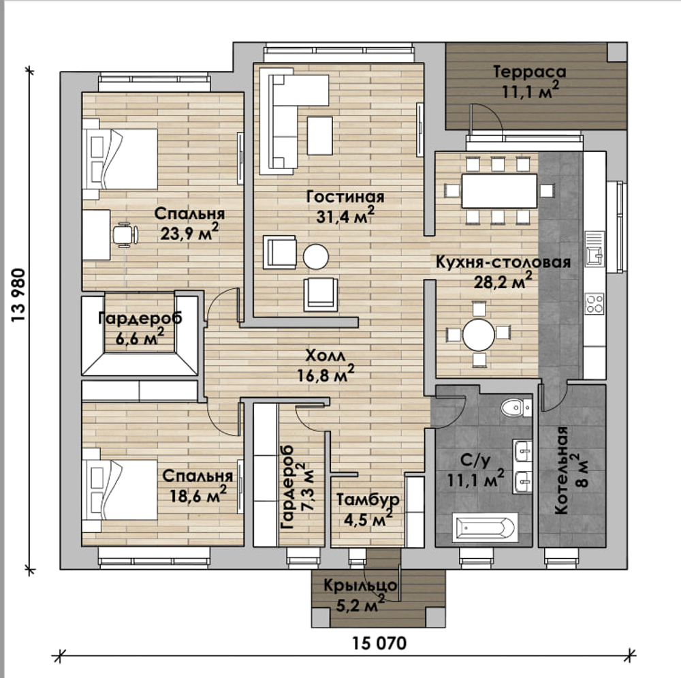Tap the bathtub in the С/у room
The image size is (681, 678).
(x=485, y=527)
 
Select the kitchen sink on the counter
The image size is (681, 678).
(x=595, y=249)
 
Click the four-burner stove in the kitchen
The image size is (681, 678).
(x=595, y=304)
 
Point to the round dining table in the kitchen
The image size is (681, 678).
(x=479, y=335)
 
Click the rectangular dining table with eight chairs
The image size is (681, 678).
(x=499, y=191)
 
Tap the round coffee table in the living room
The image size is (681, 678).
(x=316, y=256)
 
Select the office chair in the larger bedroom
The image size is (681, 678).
(x=125, y=234)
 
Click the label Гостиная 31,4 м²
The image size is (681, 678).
(x=345, y=206)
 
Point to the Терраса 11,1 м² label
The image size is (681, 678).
(x=530, y=81)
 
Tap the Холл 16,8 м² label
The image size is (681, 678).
(x=326, y=365)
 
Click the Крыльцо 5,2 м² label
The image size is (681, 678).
(x=360, y=595)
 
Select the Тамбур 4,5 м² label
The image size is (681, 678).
(x=368, y=509)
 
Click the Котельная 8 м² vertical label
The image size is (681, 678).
(x=570, y=470)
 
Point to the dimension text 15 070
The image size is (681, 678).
(x=379, y=643)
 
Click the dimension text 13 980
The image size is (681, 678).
(x=18, y=296)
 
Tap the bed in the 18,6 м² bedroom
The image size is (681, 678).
(x=119, y=490)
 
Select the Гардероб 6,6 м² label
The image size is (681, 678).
(x=140, y=328)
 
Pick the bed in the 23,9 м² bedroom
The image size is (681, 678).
(x=119, y=159)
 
